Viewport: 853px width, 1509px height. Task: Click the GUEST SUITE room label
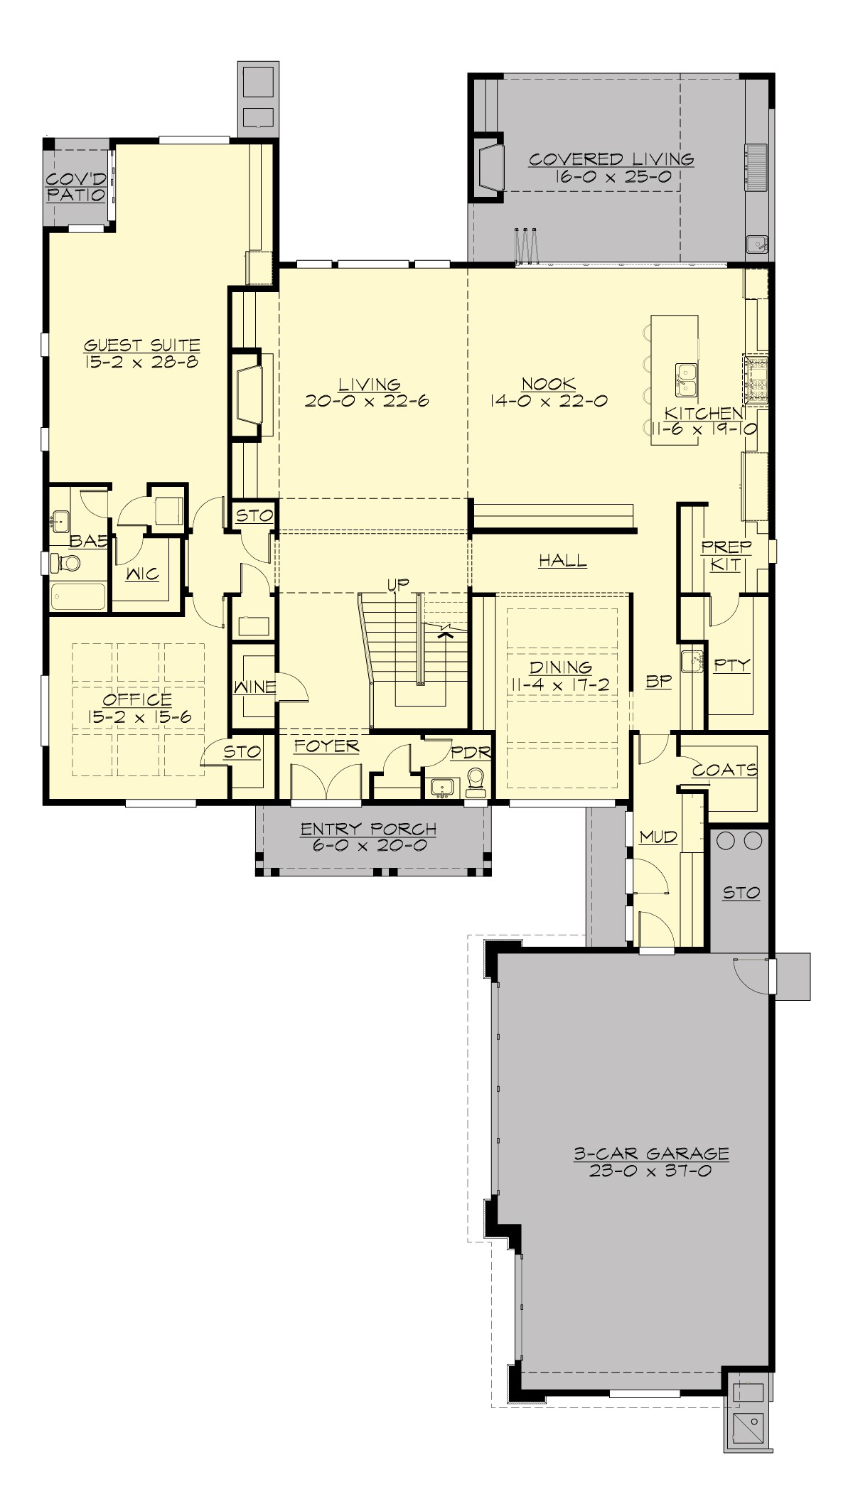(141, 345)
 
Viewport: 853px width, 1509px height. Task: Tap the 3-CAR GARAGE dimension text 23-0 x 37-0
(650, 1170)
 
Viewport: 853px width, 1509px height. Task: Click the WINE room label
(254, 687)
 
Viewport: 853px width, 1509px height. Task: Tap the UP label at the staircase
(398, 585)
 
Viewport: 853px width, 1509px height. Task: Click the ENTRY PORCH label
(368, 829)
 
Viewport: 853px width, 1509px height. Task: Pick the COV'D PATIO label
(76, 186)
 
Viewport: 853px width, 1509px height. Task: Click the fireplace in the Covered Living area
(490, 167)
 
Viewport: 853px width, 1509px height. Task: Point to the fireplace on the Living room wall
(246, 393)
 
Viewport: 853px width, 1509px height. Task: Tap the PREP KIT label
(726, 556)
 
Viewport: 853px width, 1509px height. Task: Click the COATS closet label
(724, 770)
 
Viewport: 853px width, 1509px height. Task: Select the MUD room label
(658, 837)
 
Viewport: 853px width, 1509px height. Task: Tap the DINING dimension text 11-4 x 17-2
(561, 684)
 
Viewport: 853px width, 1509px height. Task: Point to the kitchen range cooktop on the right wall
(756, 379)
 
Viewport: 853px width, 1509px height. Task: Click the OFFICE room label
(139, 699)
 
